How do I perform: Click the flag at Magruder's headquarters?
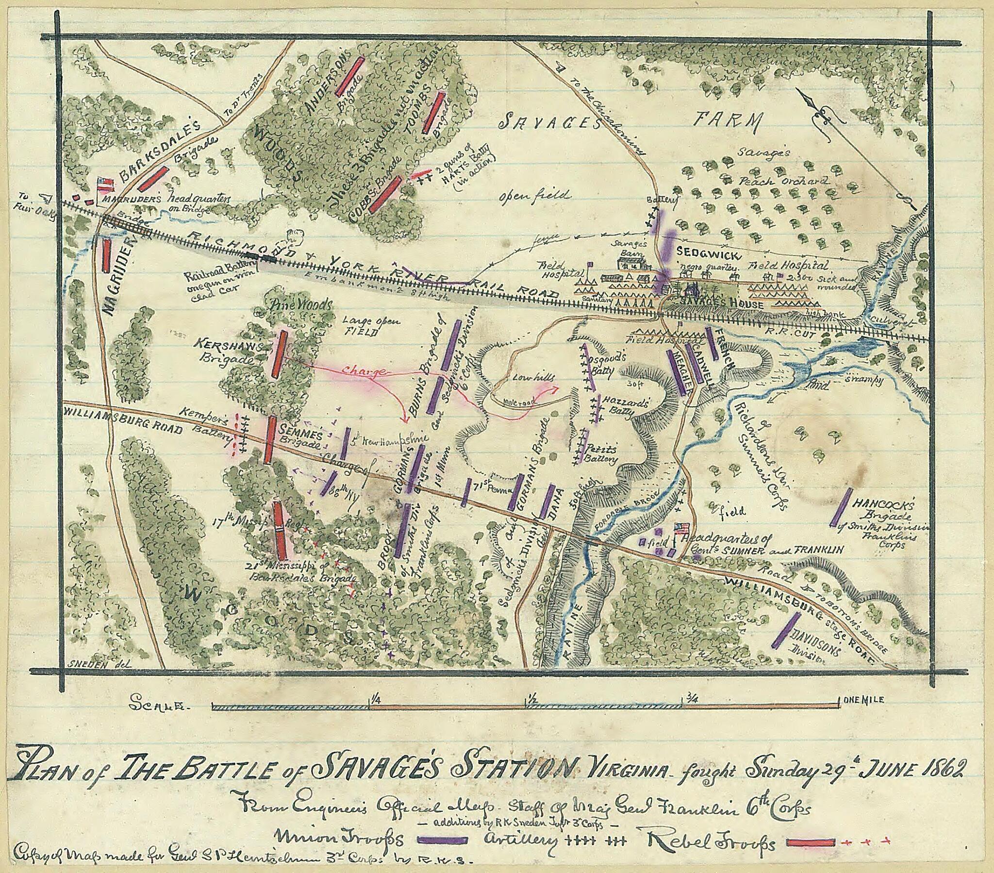(x=105, y=184)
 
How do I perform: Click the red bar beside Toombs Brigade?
(x=433, y=113)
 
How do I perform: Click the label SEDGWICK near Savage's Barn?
(x=709, y=254)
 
